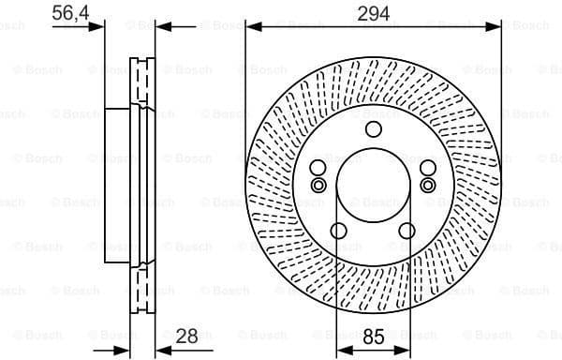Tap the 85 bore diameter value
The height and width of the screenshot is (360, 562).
373,336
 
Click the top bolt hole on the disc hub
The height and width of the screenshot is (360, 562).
373,129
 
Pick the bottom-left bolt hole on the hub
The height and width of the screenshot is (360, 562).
339,232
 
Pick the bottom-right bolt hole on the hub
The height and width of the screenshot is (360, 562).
407,232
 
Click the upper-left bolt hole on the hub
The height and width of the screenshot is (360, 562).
318,168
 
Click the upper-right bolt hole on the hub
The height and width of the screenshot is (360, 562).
428,168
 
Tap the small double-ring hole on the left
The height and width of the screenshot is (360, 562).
318,186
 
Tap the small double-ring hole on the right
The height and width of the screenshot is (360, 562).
428,186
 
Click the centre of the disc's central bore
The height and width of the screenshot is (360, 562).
373,187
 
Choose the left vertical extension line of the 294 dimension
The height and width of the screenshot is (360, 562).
245,94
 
